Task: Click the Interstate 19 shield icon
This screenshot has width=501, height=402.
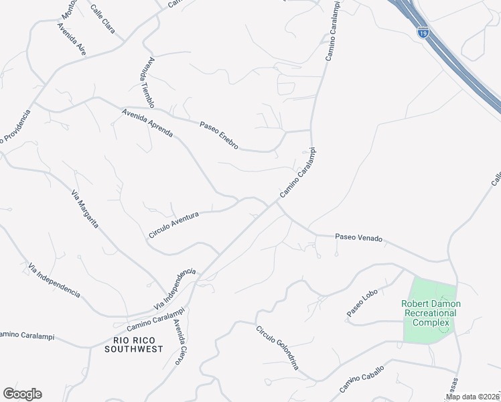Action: click(422, 31)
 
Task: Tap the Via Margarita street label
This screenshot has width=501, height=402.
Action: click(85, 208)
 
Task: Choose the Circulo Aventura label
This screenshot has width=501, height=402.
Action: click(174, 224)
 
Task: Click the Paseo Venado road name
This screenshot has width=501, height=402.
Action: click(358, 238)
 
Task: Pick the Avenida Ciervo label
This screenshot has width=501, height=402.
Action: click(179, 342)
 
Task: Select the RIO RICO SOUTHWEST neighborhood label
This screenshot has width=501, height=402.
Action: click(134, 345)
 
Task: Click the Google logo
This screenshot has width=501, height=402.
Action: click(22, 394)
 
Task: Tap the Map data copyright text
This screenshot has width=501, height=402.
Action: click(472, 397)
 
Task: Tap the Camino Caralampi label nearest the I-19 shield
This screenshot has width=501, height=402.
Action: click(333, 31)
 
